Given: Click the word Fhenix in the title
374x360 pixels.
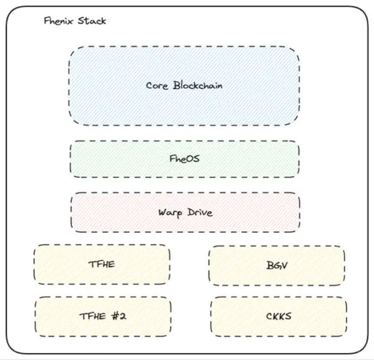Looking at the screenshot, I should click(x=59, y=21).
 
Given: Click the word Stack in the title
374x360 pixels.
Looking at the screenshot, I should click(x=91, y=21).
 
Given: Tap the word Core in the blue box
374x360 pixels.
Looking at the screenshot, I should click(x=156, y=86).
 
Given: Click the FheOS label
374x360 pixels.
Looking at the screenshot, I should click(x=184, y=159).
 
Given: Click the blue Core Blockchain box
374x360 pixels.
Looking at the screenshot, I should click(x=184, y=62).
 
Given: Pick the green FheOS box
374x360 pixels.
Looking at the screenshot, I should click(x=242, y=159).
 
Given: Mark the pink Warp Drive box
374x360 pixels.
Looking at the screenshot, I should click(x=248, y=213).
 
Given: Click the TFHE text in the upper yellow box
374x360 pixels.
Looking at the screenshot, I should click(x=102, y=263).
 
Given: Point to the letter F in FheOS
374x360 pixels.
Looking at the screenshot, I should click(x=172, y=159).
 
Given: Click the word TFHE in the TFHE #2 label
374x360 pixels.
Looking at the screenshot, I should click(x=92, y=316).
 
